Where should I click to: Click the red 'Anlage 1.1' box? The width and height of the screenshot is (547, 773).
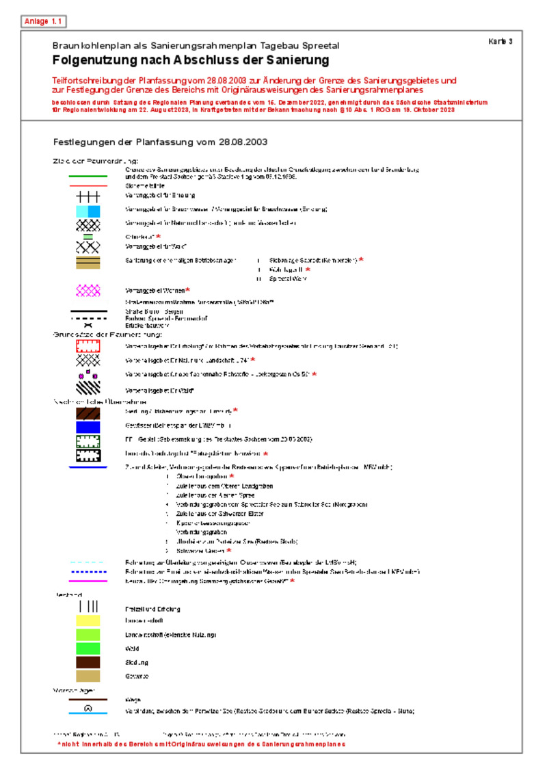point(44,21)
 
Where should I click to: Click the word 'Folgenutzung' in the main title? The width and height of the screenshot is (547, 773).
point(96,60)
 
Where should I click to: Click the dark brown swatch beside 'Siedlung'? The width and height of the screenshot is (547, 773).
point(88,662)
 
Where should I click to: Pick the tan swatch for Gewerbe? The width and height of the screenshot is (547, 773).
point(88,676)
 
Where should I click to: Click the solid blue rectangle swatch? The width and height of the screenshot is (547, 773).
point(88,426)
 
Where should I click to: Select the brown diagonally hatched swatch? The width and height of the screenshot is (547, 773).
point(88,412)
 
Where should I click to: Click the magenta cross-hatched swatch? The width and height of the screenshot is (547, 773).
point(88,291)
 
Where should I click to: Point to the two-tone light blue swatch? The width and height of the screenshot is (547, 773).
point(88,210)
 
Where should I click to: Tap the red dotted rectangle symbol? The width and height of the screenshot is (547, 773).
point(88,346)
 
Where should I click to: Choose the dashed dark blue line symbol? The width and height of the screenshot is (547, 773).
point(88,571)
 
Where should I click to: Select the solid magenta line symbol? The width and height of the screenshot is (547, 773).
point(88,581)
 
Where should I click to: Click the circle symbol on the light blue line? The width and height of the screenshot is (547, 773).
point(88,709)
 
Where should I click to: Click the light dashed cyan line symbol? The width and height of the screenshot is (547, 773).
point(88,562)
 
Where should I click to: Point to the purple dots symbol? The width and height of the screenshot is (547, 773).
point(88,375)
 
